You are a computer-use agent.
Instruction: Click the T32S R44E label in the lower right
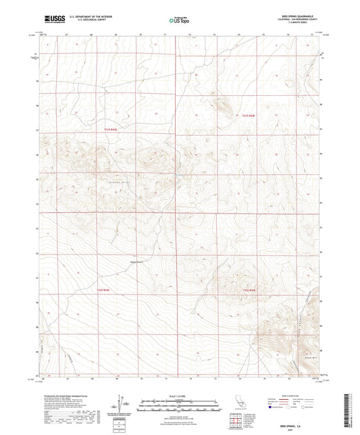coord(250,290)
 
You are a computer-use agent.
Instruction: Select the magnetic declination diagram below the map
coord(122,406)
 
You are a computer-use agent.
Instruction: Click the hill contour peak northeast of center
coord(222,103)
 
